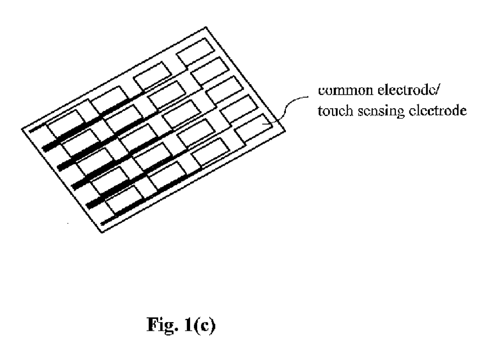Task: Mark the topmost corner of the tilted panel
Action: tap(206, 27)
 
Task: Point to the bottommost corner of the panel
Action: tap(102, 232)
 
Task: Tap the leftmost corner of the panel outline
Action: tap(22, 129)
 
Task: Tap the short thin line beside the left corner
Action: tap(37, 128)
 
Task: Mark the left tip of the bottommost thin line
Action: tap(103, 224)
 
